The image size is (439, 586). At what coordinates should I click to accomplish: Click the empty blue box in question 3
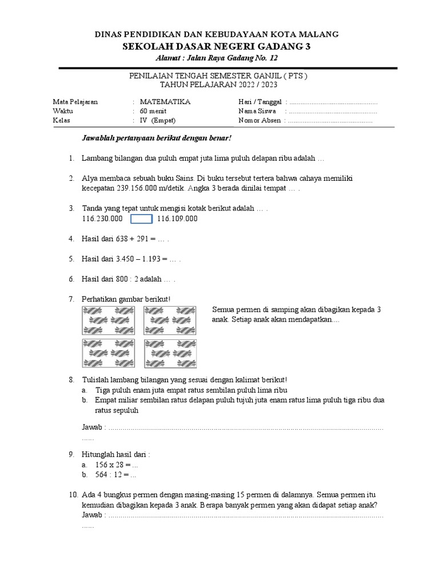tap(141, 219)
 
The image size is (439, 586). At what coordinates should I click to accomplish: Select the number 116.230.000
tap(102, 219)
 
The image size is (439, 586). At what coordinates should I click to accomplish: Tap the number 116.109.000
tap(177, 219)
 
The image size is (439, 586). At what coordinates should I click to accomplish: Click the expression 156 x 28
tap(109, 464)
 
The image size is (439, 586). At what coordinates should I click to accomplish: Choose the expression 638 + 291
tap(135, 239)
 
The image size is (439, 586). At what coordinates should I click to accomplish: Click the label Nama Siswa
tap(257, 111)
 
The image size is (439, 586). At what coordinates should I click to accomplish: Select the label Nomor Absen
tap(260, 121)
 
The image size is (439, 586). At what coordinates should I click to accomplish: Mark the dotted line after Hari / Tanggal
tap(334, 102)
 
